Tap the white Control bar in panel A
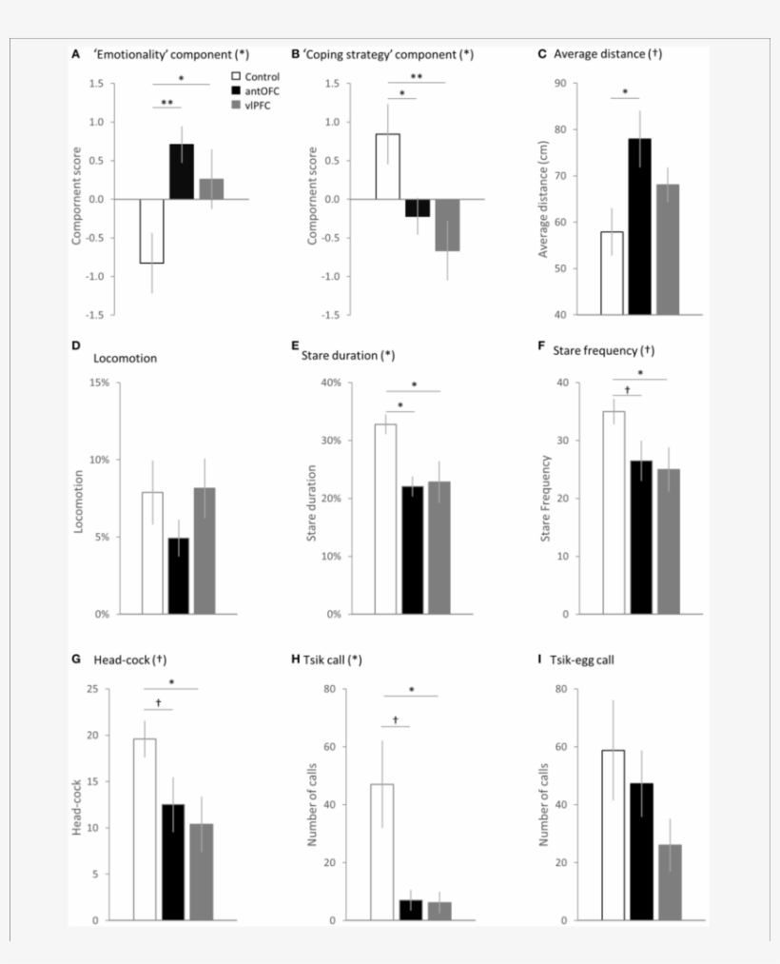click(x=152, y=230)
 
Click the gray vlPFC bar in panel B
click(x=447, y=225)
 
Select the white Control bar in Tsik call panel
click(x=382, y=852)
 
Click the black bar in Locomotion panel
click(x=179, y=576)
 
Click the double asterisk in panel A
click(x=166, y=102)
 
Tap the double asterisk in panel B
click(x=417, y=77)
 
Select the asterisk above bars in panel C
click(x=625, y=93)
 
